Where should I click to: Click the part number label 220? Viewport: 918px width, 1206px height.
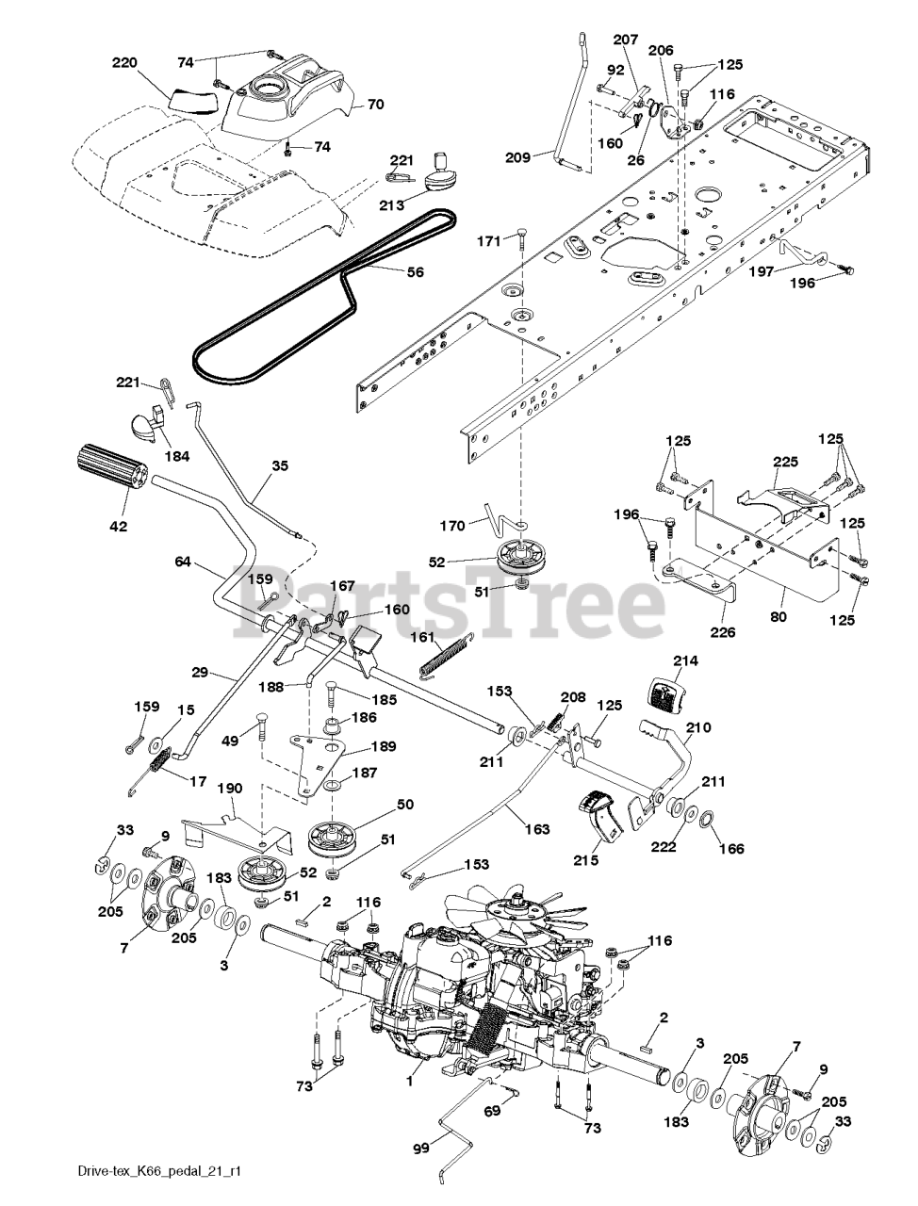(124, 63)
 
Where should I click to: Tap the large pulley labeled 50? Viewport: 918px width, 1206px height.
(336, 836)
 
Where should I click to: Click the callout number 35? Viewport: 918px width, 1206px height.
(280, 465)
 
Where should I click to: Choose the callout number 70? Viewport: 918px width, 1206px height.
(375, 105)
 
